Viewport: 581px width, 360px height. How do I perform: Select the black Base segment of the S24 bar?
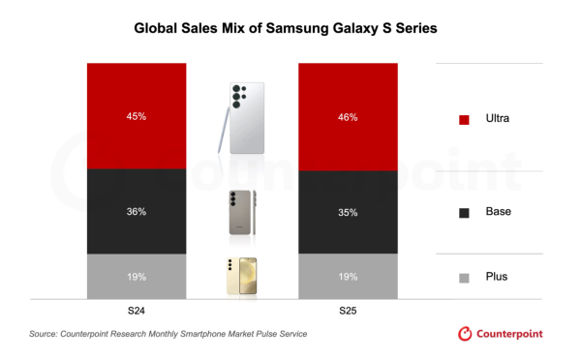tap(136, 227)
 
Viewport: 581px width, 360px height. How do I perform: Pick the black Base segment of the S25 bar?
tap(347, 227)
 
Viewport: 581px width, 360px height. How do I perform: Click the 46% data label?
tap(347, 118)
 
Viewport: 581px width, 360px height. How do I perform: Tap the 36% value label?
tap(136, 212)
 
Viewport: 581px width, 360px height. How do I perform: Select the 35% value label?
tap(347, 212)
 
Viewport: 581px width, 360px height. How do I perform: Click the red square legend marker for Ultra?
tap(464, 119)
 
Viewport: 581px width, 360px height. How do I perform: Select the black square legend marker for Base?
tap(464, 212)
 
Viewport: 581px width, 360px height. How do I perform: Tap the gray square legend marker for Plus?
tap(464, 277)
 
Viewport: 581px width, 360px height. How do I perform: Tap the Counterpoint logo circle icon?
tap(465, 334)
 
